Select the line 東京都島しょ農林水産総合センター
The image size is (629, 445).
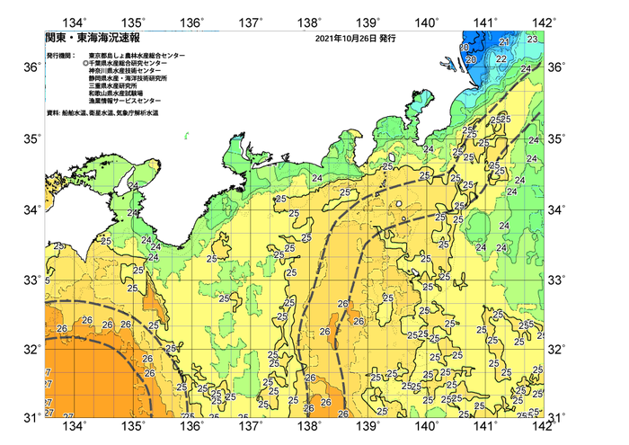click(x=137, y=56)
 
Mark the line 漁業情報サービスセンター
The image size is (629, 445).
click(x=128, y=103)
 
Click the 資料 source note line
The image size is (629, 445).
click(x=112, y=113)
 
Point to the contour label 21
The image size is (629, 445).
click(x=504, y=42)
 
